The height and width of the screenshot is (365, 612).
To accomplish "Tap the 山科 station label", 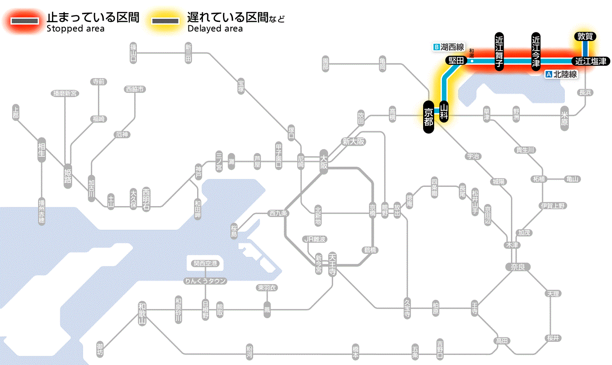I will [x=444, y=112].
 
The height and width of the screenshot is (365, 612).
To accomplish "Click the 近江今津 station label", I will [x=536, y=51].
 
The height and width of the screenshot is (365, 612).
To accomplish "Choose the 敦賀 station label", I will [x=585, y=37].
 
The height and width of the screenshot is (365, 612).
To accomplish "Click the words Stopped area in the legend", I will [x=75, y=29].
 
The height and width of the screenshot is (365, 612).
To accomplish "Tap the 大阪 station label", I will [x=324, y=162].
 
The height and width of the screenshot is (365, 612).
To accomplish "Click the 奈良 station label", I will [x=518, y=267].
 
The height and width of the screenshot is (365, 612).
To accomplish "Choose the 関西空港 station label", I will [x=205, y=263].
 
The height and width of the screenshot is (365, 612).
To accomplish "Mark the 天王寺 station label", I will [x=332, y=264].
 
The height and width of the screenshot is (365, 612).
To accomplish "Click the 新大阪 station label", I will [x=353, y=142].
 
